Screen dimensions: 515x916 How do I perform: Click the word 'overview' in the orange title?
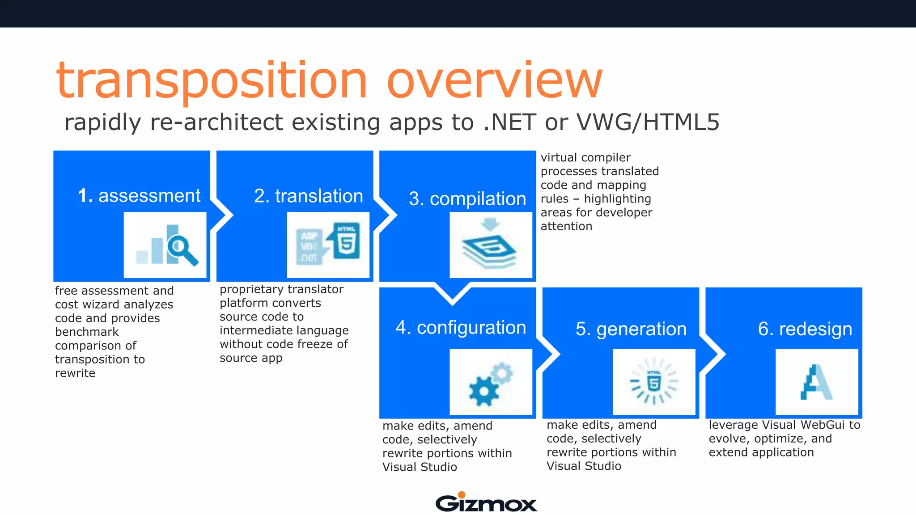click(494, 80)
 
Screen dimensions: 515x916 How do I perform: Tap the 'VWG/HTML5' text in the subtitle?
click(648, 122)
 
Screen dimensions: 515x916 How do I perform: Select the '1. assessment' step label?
click(139, 196)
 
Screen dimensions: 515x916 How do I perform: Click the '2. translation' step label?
click(308, 196)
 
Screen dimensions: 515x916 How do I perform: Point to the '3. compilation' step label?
click(467, 199)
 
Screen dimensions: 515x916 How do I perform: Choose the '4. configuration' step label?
click(461, 328)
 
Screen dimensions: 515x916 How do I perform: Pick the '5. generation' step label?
click(631, 329)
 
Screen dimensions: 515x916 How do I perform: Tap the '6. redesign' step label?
click(805, 329)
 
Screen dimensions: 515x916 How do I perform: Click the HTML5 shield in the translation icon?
click(347, 241)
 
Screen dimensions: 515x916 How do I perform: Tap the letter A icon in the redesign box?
click(816, 383)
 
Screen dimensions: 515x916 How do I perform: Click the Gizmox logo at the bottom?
click(486, 503)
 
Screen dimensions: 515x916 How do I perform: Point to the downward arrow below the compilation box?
click(453, 295)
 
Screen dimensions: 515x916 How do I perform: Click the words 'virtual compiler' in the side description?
click(585, 158)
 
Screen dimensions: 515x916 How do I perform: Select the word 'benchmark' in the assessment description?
click(87, 332)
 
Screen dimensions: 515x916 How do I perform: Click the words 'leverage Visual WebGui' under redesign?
click(776, 425)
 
